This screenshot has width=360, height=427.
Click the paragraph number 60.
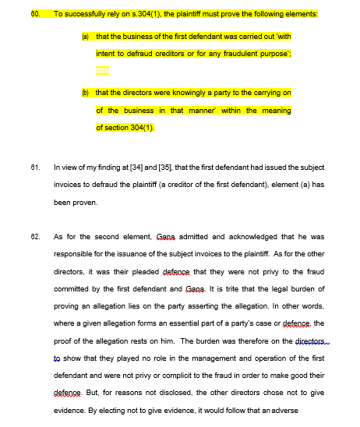tap(34, 14)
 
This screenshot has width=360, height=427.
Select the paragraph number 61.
tap(34, 168)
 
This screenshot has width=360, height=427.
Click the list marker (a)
tap(85, 36)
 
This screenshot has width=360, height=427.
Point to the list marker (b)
tap(85, 93)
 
